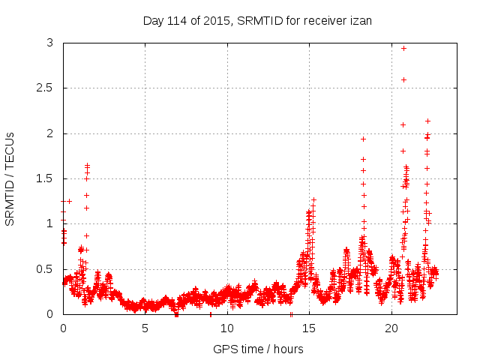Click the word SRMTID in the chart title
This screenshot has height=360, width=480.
pyautogui.click(x=258, y=20)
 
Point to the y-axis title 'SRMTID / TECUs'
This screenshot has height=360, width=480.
pyautogui.click(x=10, y=178)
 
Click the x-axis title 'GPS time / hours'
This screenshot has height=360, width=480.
pyautogui.click(x=258, y=349)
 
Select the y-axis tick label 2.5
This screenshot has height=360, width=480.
pyautogui.click(x=46, y=88)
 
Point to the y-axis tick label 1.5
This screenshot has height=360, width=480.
pyautogui.click(x=46, y=178)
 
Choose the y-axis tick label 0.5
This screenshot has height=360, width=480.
pyautogui.click(x=46, y=268)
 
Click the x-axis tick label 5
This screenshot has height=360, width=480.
pyautogui.click(x=145, y=328)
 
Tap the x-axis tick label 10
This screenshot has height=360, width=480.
pyautogui.click(x=227, y=328)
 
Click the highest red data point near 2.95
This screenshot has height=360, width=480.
pyautogui.click(x=403, y=48)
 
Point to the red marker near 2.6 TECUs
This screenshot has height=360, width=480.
pyautogui.click(x=403, y=79)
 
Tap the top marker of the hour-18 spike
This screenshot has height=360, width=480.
pyautogui.click(x=363, y=139)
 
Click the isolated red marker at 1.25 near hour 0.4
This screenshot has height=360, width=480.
pyautogui.click(x=70, y=201)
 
